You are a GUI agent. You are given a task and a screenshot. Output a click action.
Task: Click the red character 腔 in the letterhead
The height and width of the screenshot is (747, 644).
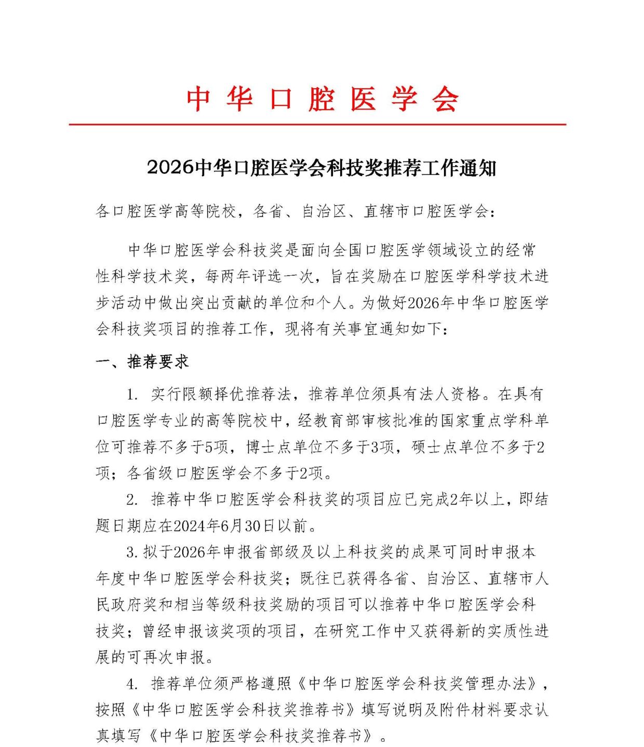320,99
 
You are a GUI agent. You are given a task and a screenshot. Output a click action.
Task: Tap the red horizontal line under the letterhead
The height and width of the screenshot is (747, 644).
317,125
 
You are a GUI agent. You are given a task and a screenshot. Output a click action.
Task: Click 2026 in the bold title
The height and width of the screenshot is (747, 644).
170,168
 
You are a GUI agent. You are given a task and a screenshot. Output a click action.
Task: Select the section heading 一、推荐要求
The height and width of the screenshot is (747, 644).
142,362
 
